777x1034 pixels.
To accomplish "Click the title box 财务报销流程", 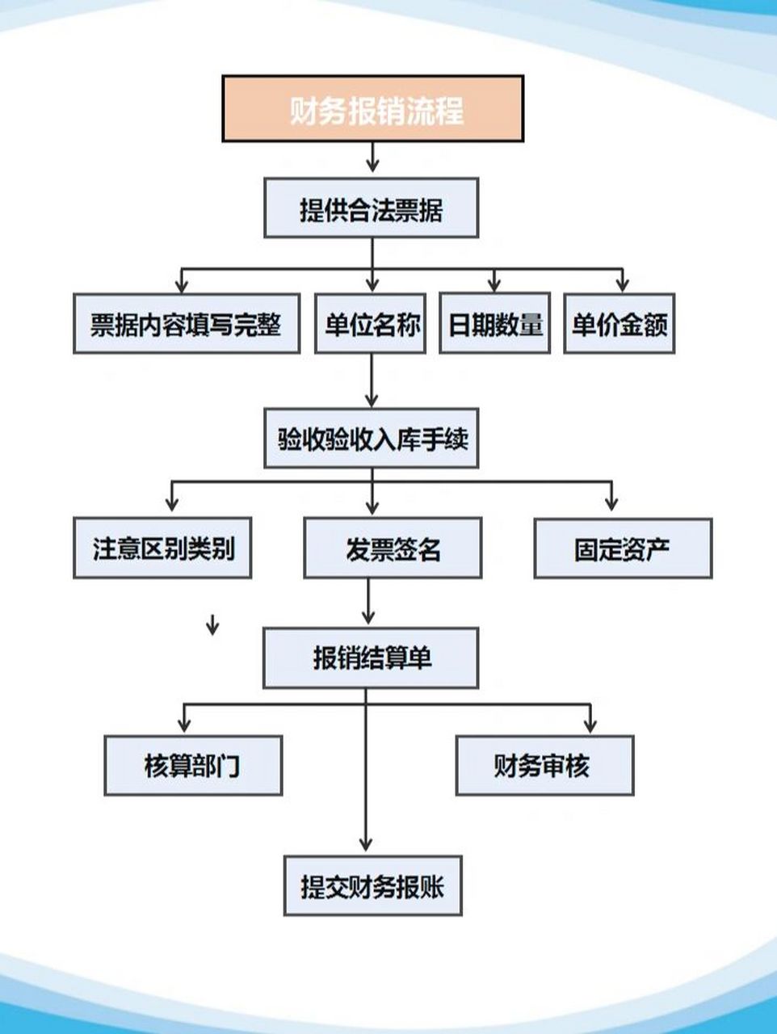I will [372, 109].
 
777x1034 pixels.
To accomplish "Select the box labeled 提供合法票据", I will [371, 209].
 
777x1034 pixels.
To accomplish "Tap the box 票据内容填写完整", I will [186, 324].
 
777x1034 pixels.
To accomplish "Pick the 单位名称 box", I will [371, 324].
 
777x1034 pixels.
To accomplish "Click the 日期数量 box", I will [494, 324].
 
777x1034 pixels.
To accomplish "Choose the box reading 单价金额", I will [619, 324].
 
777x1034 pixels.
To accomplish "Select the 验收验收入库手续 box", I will [371, 439].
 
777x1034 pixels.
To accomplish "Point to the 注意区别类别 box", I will [162, 549].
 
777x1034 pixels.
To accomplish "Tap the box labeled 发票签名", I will [393, 549].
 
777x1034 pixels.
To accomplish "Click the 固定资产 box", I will [623, 549].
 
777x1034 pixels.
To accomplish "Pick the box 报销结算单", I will [371, 658].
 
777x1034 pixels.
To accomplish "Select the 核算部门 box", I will [193, 765].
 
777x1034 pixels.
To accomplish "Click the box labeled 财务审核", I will [544, 765].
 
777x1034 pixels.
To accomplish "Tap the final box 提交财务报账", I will [372, 886].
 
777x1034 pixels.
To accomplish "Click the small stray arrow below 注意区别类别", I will [212, 624].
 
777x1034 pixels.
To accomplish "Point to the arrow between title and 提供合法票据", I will [372, 158].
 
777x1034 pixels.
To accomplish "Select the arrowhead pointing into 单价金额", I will [622, 284].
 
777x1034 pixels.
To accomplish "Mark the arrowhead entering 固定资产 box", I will [611, 502].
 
